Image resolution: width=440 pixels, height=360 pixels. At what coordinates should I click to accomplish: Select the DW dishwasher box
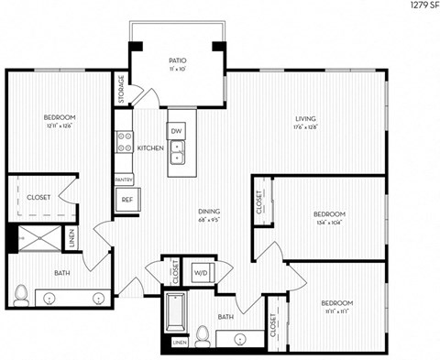point(177,131)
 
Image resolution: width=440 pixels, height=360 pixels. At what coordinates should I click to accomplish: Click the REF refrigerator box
point(125,201)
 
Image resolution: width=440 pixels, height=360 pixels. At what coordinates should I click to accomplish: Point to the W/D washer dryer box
point(200,272)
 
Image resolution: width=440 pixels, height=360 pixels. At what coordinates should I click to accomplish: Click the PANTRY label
point(124,180)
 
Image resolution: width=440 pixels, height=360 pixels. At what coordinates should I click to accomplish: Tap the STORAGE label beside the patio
point(121,89)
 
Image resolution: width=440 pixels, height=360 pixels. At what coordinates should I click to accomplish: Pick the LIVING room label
point(305,117)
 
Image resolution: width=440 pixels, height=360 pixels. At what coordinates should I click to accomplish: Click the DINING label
point(210,212)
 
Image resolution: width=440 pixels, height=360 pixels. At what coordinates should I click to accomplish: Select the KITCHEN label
point(150,147)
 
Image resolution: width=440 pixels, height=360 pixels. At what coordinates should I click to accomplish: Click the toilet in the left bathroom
point(21,294)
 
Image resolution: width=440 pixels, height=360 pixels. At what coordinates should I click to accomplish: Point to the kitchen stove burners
point(124,142)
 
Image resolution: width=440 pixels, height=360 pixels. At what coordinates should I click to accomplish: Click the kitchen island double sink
point(180,151)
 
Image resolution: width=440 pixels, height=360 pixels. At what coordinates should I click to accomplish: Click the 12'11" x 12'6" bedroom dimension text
point(60,126)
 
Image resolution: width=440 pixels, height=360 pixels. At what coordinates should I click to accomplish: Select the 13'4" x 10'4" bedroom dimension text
point(327,222)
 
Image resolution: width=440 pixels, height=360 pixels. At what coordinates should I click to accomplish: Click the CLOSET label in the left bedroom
point(38,195)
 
